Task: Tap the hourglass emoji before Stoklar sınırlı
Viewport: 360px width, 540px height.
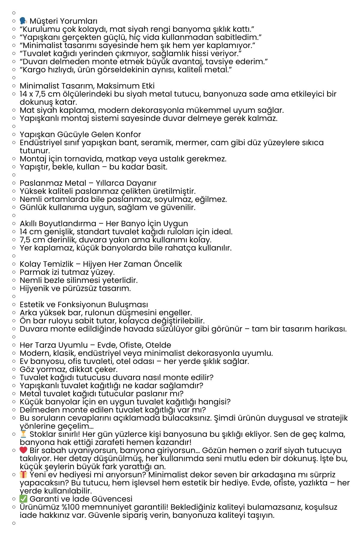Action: point(23,434)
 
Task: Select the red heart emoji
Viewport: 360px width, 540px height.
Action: point(23,450)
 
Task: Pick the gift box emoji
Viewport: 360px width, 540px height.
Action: point(23,475)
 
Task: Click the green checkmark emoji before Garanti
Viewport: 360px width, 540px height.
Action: point(23,499)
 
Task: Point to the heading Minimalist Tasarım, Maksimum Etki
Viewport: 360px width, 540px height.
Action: point(87,86)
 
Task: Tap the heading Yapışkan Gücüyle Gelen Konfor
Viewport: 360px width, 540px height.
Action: point(80,135)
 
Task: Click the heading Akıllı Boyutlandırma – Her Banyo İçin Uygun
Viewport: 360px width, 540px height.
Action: point(104,224)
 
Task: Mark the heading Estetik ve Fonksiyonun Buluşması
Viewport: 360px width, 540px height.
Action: point(84,305)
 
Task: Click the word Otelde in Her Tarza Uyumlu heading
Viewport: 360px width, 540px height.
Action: point(158,345)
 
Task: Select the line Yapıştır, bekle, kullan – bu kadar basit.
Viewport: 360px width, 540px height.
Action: point(93,167)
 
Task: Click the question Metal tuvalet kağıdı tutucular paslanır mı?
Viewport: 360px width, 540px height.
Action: point(101,394)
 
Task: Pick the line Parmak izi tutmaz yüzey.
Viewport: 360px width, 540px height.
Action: point(67,272)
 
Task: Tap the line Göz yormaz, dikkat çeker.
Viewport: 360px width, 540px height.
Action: point(69,370)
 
